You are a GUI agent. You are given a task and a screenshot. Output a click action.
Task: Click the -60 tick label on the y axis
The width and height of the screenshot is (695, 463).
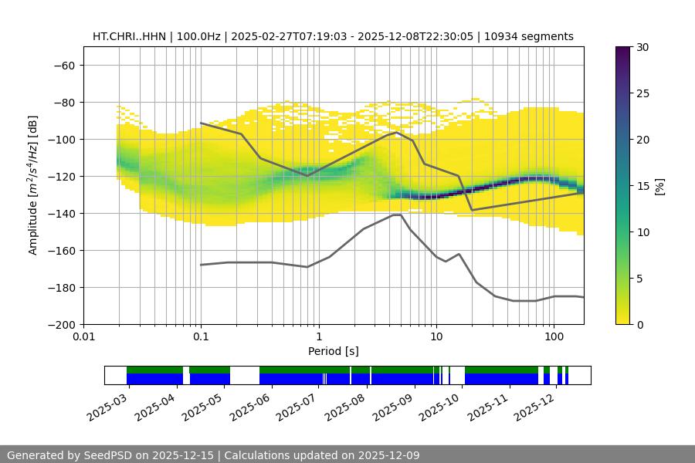[63, 65]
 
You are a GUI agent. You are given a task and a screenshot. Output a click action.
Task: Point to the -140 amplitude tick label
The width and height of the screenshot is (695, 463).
[60, 213]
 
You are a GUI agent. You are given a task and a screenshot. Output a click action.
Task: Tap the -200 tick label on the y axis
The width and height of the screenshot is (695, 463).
[60, 324]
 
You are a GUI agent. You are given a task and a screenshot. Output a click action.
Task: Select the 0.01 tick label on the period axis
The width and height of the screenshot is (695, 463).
[83, 336]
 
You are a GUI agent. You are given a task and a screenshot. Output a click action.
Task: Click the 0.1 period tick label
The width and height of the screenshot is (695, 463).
[201, 336]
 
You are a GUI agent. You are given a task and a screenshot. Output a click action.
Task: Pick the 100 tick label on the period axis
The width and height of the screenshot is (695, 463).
[553, 336]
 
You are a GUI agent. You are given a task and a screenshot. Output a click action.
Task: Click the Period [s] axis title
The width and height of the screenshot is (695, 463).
[334, 351]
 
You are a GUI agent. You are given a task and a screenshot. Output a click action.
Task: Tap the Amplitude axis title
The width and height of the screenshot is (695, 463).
[33, 185]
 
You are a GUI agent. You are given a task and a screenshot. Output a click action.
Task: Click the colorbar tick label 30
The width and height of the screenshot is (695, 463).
[642, 47]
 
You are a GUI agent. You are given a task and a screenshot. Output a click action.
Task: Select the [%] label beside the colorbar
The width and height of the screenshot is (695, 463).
[659, 186]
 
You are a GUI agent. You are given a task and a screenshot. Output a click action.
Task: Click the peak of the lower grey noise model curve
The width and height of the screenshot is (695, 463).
[397, 215]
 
